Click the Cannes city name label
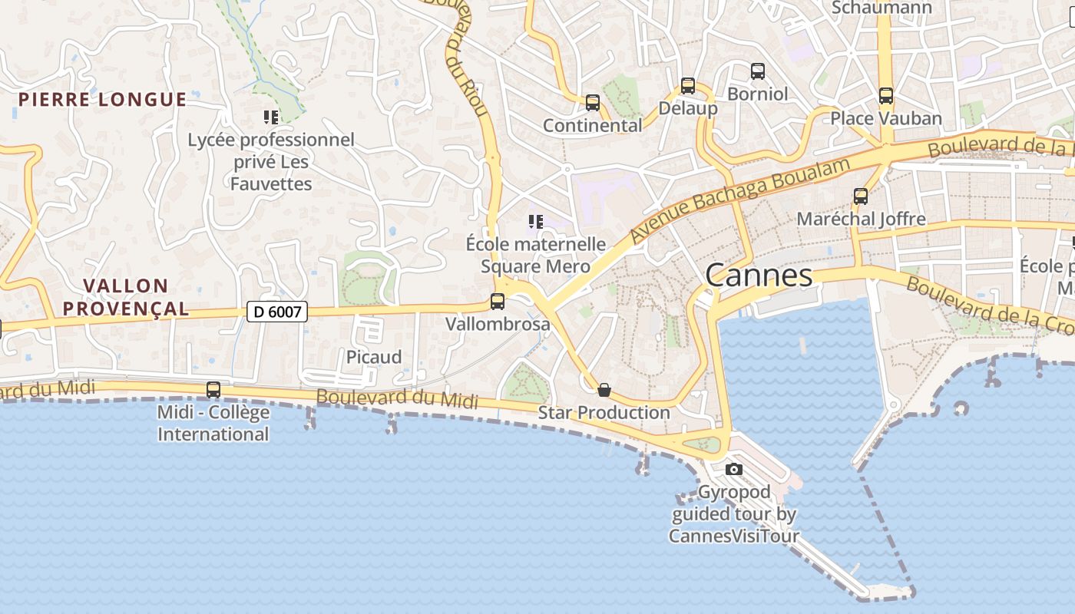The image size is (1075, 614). point(759,276)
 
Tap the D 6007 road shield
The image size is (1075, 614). point(277,312)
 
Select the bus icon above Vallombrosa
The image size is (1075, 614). point(498,302)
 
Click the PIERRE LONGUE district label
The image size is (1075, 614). point(102,100)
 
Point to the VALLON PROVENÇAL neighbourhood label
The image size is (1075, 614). point(126,297)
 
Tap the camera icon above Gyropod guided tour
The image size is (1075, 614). point(734,469)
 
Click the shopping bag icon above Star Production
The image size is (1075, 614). point(604,390)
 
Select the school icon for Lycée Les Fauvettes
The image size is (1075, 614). point(271,117)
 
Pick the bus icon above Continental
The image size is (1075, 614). point(592,103)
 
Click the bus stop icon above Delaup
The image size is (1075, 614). point(688,86)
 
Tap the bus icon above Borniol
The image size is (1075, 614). point(758,71)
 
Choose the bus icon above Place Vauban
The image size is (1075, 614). point(886,96)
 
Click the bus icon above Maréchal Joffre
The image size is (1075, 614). point(861,196)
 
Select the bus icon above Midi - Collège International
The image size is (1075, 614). point(213,390)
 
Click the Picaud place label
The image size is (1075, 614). point(374,357)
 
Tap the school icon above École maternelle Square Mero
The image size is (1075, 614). point(536,223)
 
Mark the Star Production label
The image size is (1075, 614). point(604,413)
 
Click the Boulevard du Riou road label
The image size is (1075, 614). point(466,58)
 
